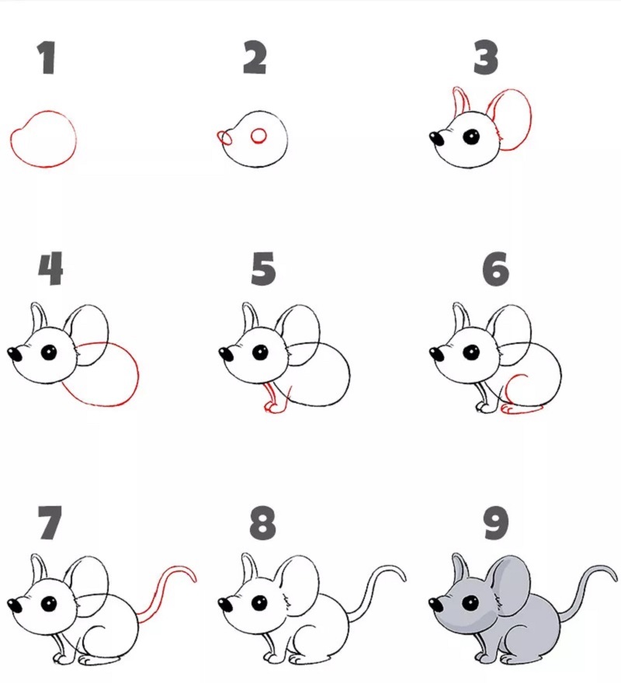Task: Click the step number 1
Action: click(x=47, y=57)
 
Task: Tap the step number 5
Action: click(x=263, y=269)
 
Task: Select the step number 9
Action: click(x=496, y=522)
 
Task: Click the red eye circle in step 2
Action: click(x=258, y=137)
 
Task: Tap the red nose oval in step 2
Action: click(x=224, y=138)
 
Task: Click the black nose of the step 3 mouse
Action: click(x=437, y=139)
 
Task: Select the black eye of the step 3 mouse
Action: click(x=471, y=137)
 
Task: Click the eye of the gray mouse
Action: click(x=471, y=604)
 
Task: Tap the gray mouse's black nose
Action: click(x=436, y=605)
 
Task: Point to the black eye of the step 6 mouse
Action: click(x=471, y=352)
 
